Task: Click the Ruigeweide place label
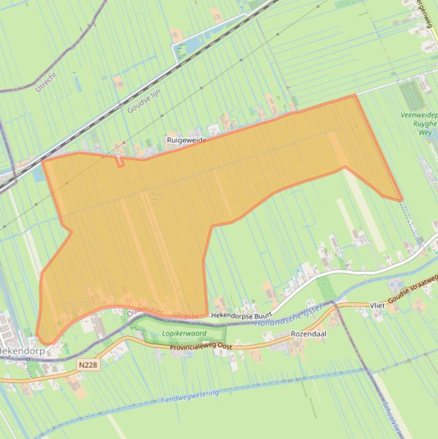pos(186,140)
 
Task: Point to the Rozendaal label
pos(308,334)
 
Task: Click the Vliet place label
pos(377,306)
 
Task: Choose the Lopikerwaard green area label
pos(183,334)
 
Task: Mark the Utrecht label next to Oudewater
pos(185,315)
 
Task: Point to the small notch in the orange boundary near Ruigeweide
pos(120,162)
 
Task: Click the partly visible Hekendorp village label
pos(23,351)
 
